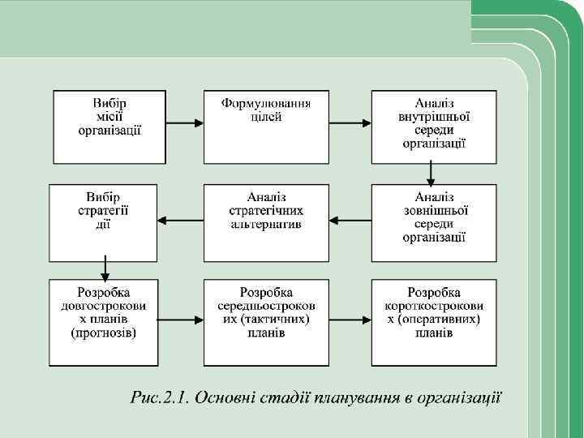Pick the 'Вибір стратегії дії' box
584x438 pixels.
104,222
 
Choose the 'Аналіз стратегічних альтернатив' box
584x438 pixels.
266,222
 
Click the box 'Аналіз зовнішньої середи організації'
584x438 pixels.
433,222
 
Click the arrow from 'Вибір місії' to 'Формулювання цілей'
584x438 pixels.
185,123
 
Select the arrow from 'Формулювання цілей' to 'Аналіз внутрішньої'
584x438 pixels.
351,123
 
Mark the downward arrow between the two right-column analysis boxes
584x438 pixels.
432,174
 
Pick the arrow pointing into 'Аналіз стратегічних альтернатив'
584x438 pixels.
351,220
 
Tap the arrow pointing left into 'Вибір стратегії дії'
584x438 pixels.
180,220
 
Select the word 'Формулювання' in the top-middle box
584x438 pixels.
266,104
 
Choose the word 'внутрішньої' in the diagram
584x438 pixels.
433,117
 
